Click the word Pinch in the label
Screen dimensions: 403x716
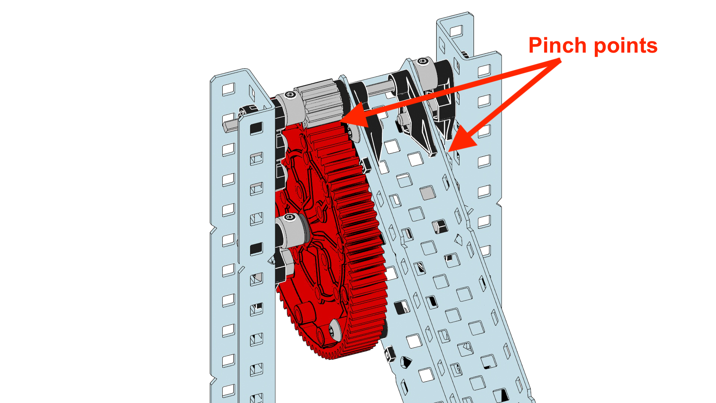(558, 46)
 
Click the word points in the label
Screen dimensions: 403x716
(625, 46)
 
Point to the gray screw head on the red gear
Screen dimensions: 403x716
(334, 331)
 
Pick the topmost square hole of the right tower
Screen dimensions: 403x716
(456, 31)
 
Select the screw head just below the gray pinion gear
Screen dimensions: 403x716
(351, 132)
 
